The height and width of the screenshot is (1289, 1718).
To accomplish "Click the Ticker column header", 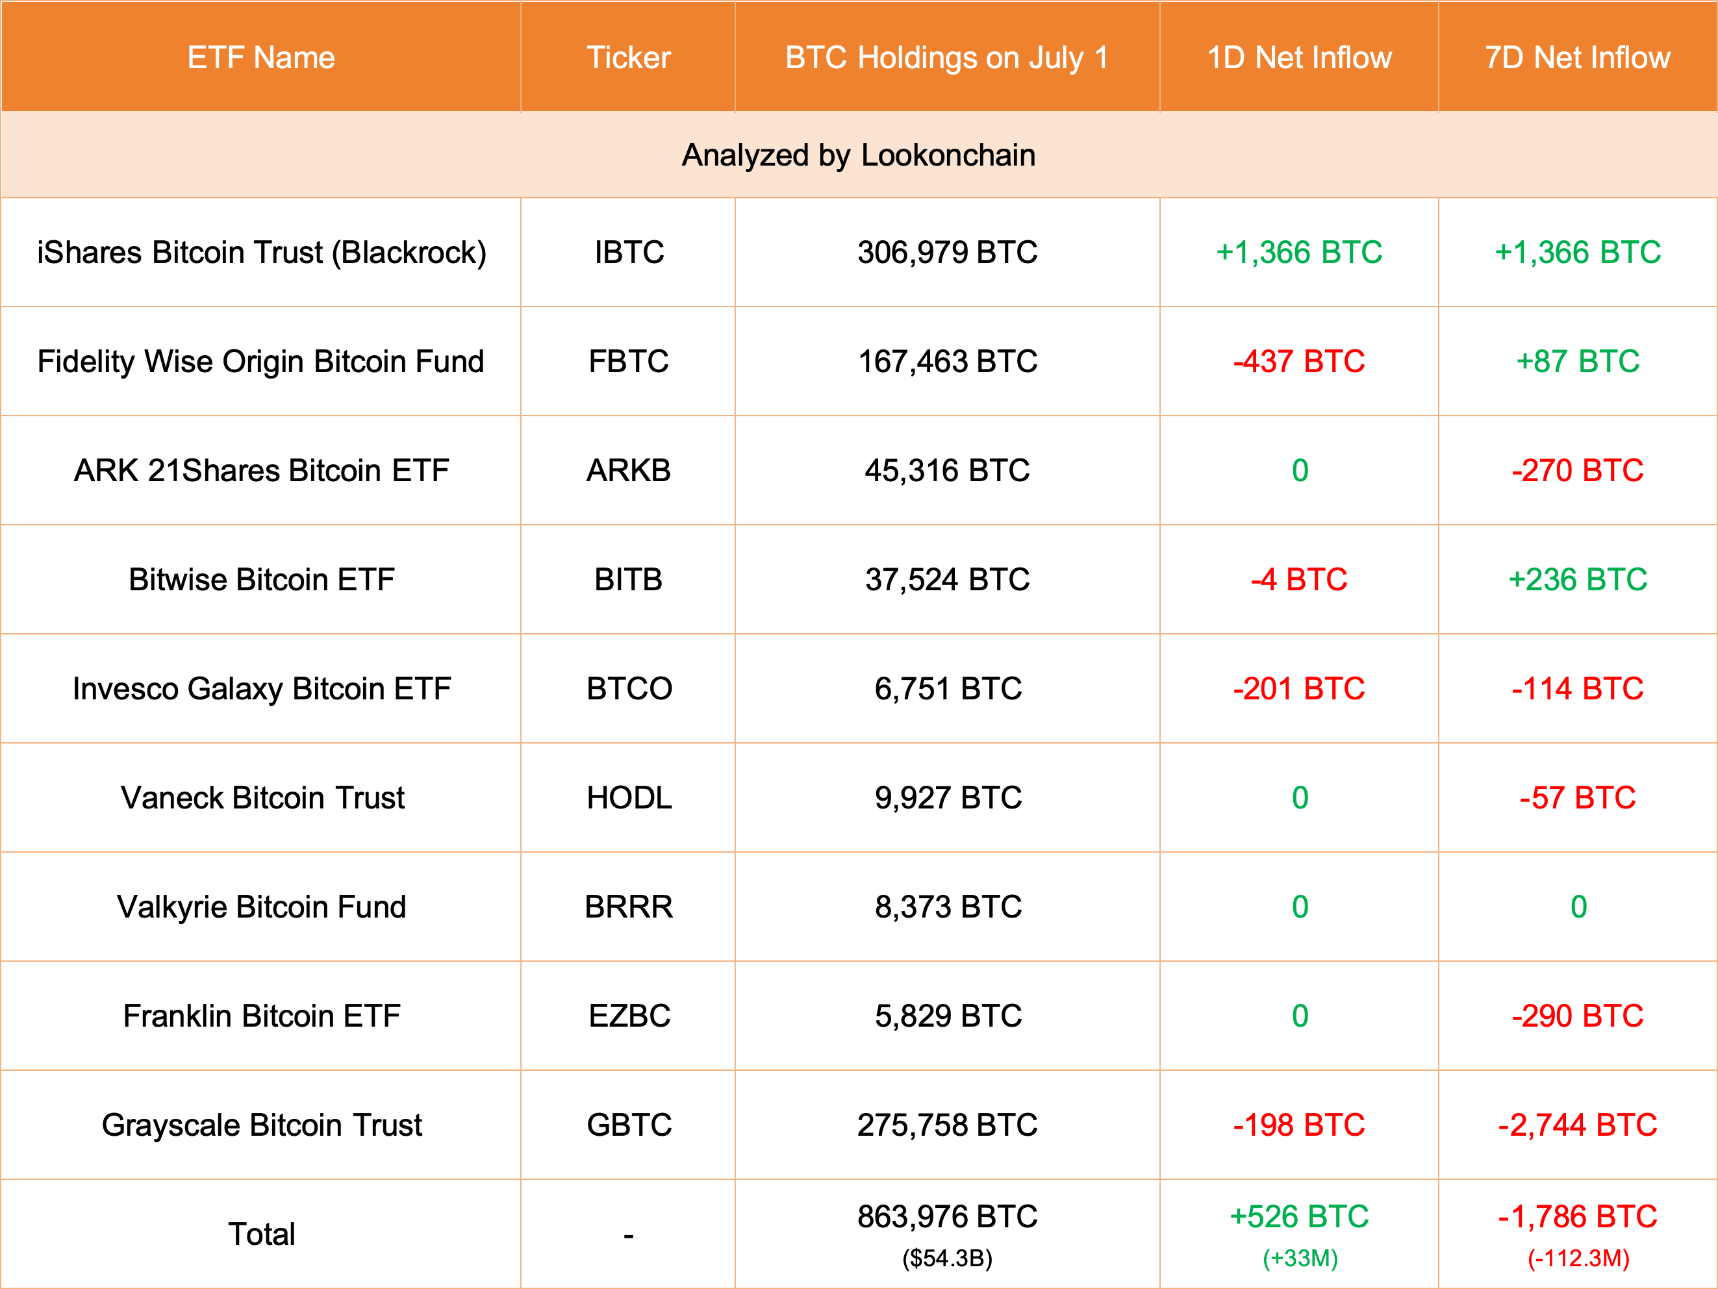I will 628,57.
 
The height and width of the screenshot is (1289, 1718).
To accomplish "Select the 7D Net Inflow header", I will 1578,57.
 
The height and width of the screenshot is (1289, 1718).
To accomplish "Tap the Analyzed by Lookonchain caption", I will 858,155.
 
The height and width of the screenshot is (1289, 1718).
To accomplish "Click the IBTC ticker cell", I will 628,253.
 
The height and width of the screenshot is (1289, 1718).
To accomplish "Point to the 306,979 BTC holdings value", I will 947,253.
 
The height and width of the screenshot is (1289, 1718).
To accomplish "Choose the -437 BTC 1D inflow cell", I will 1298,361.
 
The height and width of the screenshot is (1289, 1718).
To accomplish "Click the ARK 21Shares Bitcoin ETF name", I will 261,471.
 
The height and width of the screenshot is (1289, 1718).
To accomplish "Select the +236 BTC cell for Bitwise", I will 1578,579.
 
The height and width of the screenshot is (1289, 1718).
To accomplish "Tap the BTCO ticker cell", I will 628,689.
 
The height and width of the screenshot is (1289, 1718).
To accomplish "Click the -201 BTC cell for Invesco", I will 1298,689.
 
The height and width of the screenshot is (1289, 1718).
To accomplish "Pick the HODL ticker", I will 628,797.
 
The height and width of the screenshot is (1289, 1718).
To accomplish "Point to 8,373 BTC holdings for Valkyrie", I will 948,907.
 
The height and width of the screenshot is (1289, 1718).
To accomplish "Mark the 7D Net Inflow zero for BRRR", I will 1578,907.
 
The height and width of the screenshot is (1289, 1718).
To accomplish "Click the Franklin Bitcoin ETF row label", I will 261,1016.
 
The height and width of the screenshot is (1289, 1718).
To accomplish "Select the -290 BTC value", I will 1578,1016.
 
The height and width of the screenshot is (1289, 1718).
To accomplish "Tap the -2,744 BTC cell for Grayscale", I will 1578,1125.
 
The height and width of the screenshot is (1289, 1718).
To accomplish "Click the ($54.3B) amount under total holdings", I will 947,1258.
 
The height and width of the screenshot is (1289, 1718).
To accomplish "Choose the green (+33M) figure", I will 1299,1258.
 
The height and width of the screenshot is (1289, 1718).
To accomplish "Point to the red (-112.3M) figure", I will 1578,1258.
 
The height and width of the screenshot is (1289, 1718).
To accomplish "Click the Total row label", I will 261,1234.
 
